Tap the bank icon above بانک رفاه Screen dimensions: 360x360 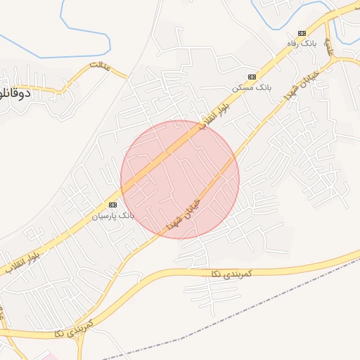pos(302,33)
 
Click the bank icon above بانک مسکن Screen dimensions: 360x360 pos(252,77)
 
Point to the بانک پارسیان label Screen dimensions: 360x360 pos(113,215)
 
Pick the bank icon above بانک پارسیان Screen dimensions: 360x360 pos(113,204)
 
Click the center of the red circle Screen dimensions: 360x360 pos(180,179)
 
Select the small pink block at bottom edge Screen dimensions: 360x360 pos(51,356)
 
